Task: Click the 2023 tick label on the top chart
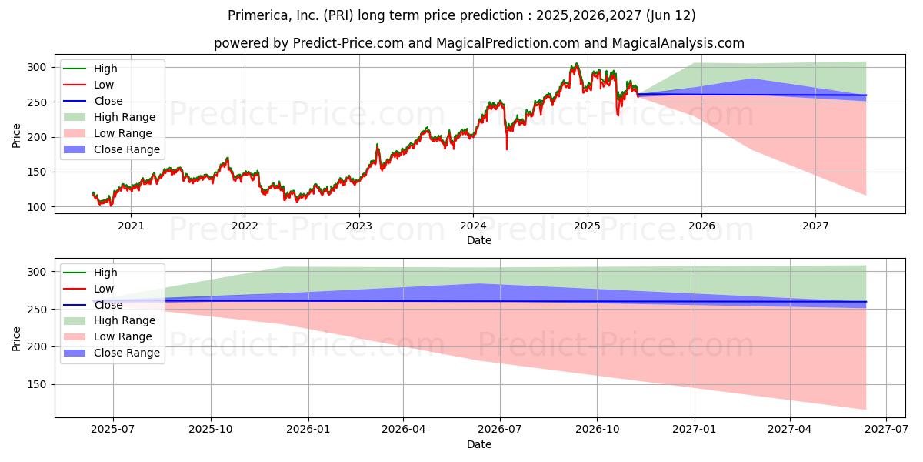[x=359, y=226]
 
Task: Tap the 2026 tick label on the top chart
[x=701, y=226]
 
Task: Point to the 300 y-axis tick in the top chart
[x=36, y=67]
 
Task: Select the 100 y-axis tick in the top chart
[x=36, y=207]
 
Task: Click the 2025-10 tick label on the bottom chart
[x=211, y=430]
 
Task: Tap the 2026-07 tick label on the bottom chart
[x=500, y=430]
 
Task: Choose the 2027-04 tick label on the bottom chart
[x=790, y=430]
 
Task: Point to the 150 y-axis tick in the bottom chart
[x=36, y=384]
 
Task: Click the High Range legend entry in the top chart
[x=109, y=117]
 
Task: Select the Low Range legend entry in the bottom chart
[x=108, y=336]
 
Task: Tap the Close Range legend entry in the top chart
[x=112, y=149]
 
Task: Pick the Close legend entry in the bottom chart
[x=93, y=305]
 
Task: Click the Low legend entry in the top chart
[x=88, y=85]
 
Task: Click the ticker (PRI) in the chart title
[x=338, y=15]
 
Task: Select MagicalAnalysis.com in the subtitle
[x=678, y=43]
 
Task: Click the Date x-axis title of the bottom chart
[x=478, y=444]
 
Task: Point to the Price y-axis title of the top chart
[x=16, y=136]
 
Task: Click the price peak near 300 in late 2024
[x=576, y=65]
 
